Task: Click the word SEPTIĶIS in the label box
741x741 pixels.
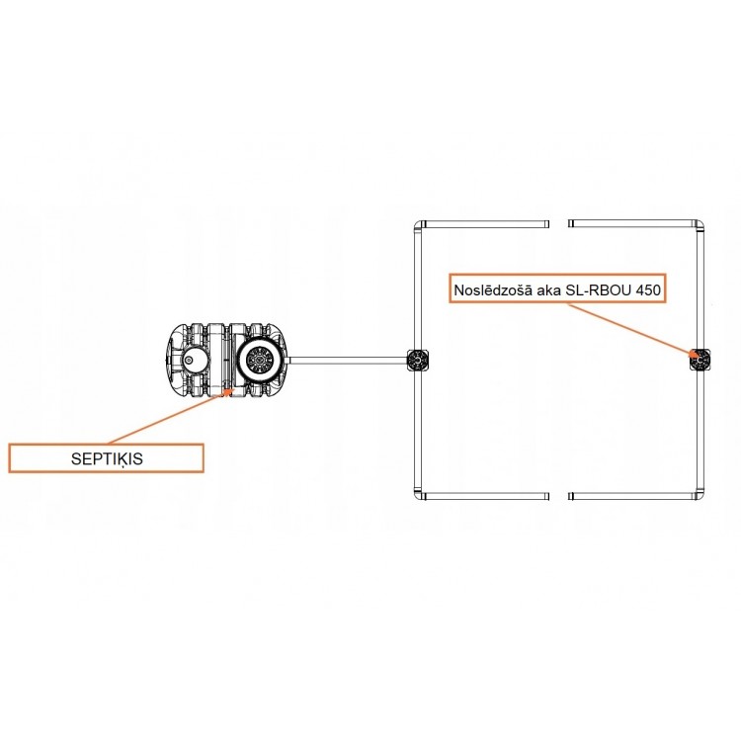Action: pos(107,458)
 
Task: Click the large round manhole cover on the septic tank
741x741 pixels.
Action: pos(258,360)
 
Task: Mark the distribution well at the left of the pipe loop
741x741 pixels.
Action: pos(418,361)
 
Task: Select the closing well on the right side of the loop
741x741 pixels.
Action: pos(700,361)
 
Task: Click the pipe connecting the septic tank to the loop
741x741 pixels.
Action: pos(348,360)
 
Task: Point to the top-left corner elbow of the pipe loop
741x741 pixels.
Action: pos(419,225)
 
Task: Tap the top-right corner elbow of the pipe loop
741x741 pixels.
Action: pos(699,225)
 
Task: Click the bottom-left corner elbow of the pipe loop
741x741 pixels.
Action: pos(419,495)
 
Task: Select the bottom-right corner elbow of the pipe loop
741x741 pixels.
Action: pos(699,495)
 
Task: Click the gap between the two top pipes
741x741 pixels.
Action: pos(558,224)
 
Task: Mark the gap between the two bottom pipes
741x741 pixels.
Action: pos(558,496)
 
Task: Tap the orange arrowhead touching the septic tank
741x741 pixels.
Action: pos(229,392)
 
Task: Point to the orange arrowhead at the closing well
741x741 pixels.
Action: pos(695,355)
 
